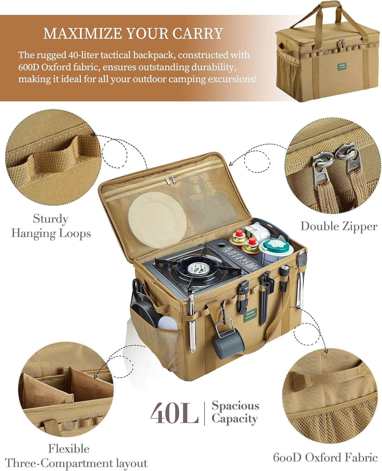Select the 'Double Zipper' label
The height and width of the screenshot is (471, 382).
pyautogui.click(x=339, y=226)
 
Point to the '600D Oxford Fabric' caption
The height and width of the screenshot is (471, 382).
pyautogui.click(x=325, y=457)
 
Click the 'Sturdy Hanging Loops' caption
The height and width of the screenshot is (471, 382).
pyautogui.click(x=51, y=226)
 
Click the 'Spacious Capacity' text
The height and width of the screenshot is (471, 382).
pyautogui.click(x=235, y=412)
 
